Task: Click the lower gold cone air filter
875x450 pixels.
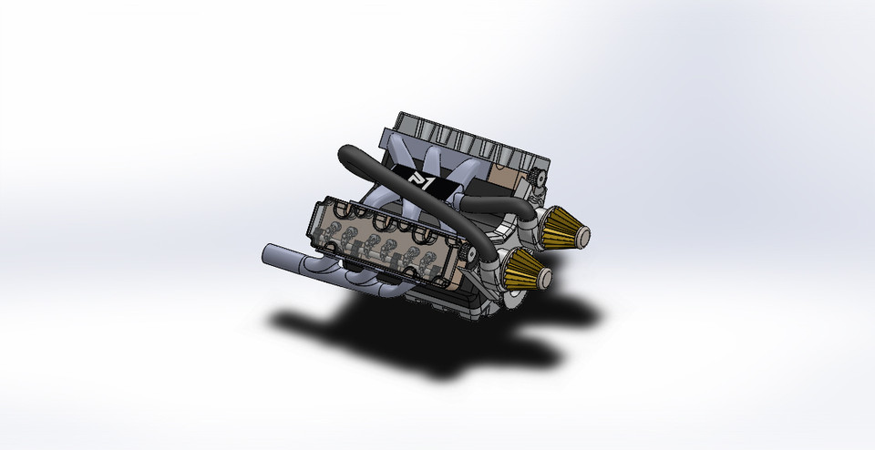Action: tap(527, 270)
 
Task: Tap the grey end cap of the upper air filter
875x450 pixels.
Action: tap(582, 231)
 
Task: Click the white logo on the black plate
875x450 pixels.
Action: tap(417, 179)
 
